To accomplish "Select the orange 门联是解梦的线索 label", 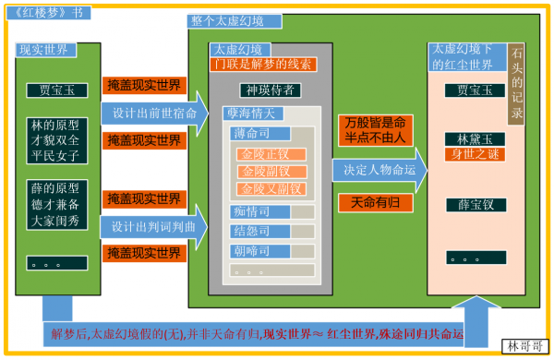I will (263, 64).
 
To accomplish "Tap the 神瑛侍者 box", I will (269, 90).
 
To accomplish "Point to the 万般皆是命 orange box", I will (372, 130).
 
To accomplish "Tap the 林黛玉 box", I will (462, 138).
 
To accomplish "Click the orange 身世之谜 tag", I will (474, 154).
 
